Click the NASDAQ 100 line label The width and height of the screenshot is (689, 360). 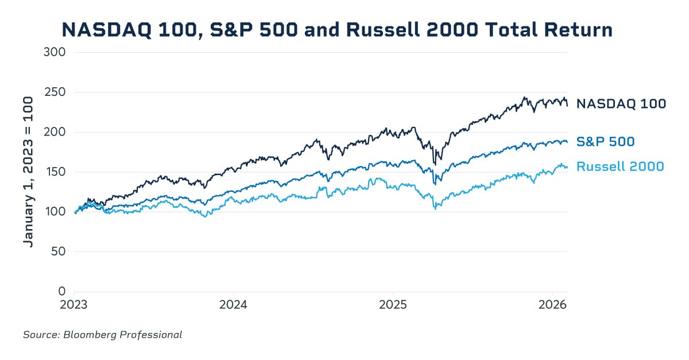coord(621,104)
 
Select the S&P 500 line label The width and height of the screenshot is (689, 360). coord(605,141)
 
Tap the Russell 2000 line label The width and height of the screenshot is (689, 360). coord(620,167)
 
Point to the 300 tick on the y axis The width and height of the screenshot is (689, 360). coord(55,52)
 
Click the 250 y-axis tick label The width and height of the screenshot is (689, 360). coord(55,92)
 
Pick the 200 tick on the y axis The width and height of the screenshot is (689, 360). coord(55,132)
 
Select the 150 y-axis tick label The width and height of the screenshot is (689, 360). coord(55,172)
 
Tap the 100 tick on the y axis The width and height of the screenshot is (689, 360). coord(55,212)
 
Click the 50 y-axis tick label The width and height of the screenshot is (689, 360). coord(58,251)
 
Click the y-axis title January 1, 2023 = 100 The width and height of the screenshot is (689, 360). coord(28,172)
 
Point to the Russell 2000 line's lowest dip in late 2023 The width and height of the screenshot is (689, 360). coord(205,216)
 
